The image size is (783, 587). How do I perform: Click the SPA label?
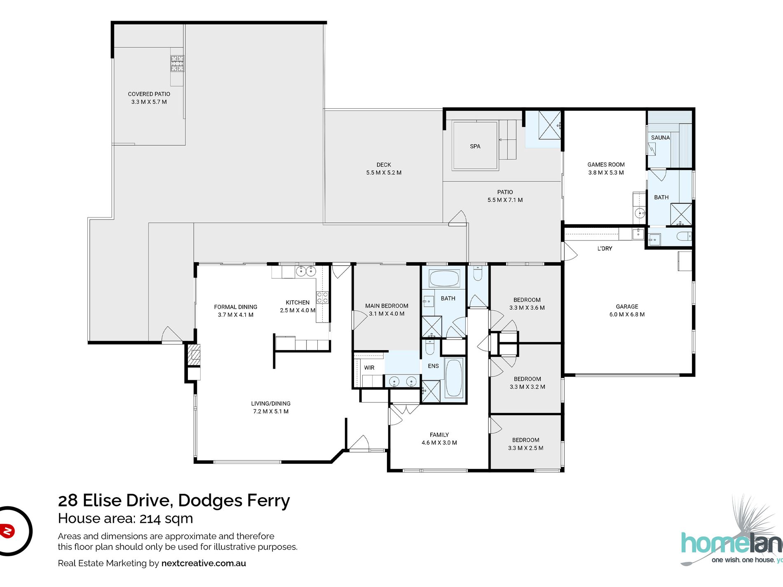pyautogui.click(x=475, y=146)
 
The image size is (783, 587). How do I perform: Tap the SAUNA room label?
pyautogui.click(x=660, y=138)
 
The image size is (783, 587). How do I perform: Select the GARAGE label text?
pyautogui.click(x=627, y=306)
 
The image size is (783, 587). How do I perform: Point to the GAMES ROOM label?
pyautogui.click(x=606, y=164)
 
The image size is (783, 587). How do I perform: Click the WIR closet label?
pyautogui.click(x=369, y=367)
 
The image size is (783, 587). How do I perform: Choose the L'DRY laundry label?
pyautogui.click(x=605, y=248)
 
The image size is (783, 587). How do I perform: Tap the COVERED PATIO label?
pyautogui.click(x=149, y=94)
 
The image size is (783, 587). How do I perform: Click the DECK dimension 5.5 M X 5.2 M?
pyautogui.click(x=384, y=173)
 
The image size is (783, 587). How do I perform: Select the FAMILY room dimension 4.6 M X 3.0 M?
pyautogui.click(x=439, y=442)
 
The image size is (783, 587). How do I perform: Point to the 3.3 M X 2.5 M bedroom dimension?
pyautogui.click(x=525, y=448)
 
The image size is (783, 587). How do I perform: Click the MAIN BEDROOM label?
pyautogui.click(x=387, y=306)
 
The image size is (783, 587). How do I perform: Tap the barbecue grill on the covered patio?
pyautogui.click(x=178, y=63)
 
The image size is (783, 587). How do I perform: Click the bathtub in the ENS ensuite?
pyautogui.click(x=454, y=378)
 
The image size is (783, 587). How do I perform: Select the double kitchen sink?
pyautogui.click(x=306, y=271)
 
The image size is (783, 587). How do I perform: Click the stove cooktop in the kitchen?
pyautogui.click(x=322, y=297)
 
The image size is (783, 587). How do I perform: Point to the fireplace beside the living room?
pyautogui.click(x=194, y=354)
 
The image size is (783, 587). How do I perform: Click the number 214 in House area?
pyautogui.click(x=150, y=518)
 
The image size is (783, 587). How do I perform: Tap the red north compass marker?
pyautogui.click(x=7, y=531)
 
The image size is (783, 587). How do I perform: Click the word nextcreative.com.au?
pyautogui.click(x=204, y=563)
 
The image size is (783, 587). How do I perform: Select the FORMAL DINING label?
pyautogui.click(x=235, y=307)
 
